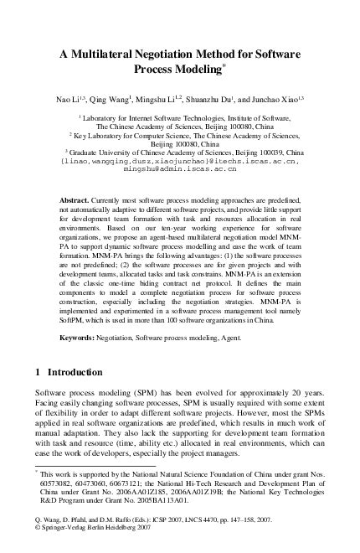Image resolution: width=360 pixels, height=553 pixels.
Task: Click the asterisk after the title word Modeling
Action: (233, 65)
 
